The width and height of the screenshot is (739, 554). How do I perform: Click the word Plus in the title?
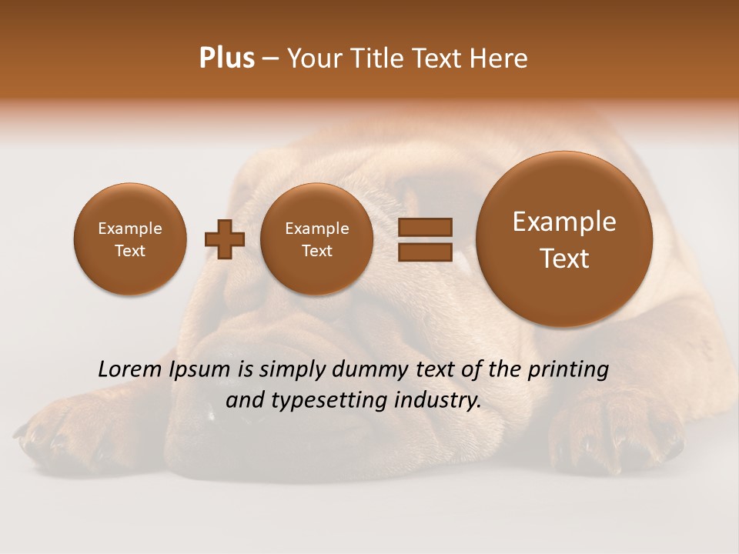pyautogui.click(x=226, y=58)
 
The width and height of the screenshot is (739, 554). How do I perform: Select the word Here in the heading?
pyautogui.click(x=500, y=58)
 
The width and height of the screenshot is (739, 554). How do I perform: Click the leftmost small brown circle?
pyautogui.click(x=130, y=239)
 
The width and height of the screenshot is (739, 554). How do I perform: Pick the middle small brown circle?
pyautogui.click(x=316, y=239)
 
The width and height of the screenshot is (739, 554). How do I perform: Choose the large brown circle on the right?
pyautogui.click(x=564, y=239)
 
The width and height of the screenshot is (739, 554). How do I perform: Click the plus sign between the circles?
pyautogui.click(x=225, y=239)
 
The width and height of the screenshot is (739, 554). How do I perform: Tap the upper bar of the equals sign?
pyautogui.click(x=425, y=227)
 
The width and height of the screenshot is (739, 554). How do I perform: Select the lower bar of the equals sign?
pyautogui.click(x=425, y=252)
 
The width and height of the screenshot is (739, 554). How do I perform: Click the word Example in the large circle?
pyautogui.click(x=564, y=222)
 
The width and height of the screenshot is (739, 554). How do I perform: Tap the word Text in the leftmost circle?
pyautogui.click(x=130, y=251)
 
